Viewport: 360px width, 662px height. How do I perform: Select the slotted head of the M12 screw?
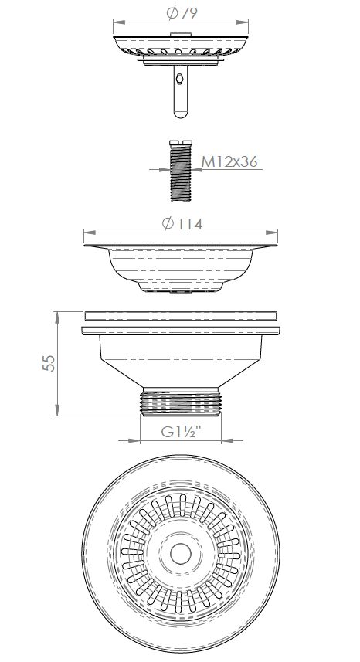(179, 142)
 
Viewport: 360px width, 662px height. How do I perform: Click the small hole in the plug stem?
(179, 79)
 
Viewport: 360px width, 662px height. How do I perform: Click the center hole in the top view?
(181, 555)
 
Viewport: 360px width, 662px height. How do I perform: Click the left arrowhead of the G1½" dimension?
(142, 441)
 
